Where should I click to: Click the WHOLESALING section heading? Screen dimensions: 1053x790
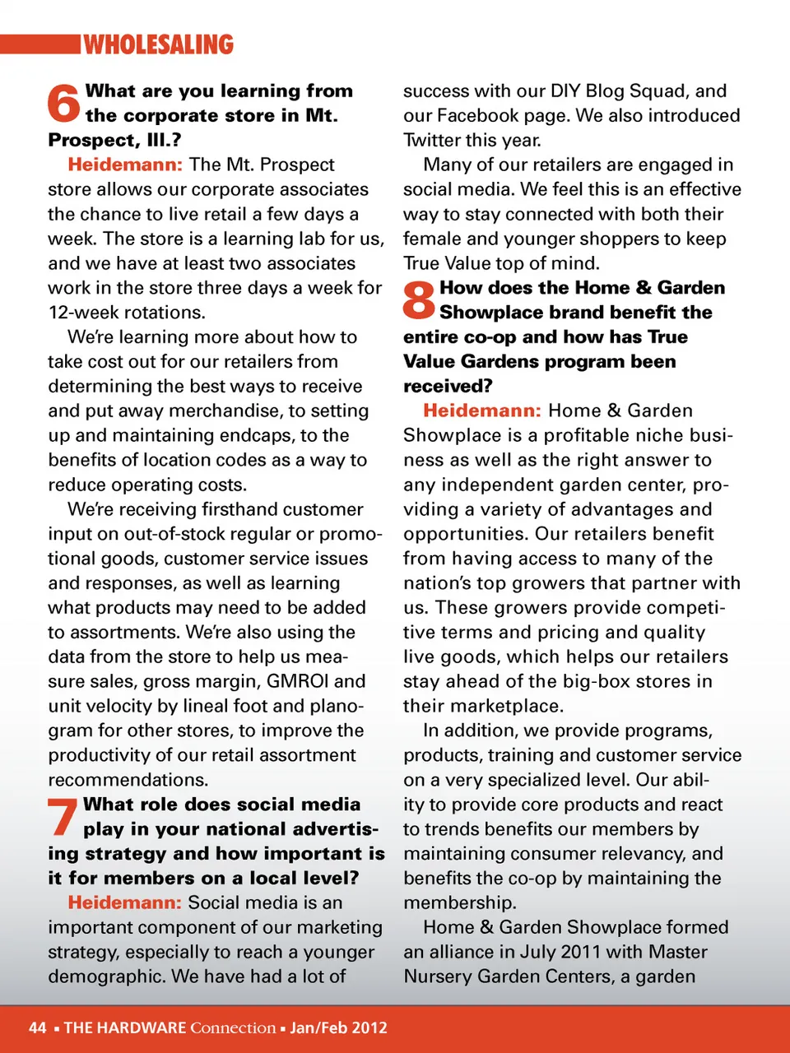click(159, 44)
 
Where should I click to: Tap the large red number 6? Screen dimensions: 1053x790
click(63, 104)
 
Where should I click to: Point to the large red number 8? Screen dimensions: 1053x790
click(419, 299)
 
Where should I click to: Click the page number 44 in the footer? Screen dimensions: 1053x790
click(38, 1027)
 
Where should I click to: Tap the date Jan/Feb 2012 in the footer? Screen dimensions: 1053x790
click(338, 1027)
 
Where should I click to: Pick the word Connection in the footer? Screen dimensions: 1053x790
click(233, 1027)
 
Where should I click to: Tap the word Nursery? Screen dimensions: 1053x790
click(437, 976)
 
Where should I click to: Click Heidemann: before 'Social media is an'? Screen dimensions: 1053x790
click(124, 902)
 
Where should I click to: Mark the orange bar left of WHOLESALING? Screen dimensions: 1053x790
click(39, 44)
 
